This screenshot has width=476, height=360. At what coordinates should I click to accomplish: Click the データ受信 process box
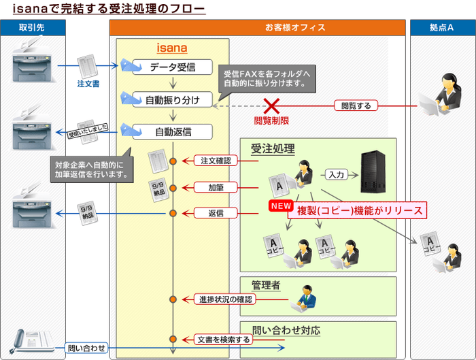point(172,67)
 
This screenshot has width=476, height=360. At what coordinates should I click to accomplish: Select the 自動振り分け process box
point(172,100)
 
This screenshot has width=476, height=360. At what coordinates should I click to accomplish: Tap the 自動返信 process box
point(172,131)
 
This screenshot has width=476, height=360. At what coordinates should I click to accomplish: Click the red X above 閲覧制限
point(272,105)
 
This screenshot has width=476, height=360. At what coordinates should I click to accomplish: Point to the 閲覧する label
point(356,105)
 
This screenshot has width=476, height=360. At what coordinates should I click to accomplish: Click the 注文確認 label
point(216,161)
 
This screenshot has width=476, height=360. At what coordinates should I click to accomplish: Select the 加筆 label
point(216,186)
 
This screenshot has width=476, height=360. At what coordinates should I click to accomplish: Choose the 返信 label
point(216,213)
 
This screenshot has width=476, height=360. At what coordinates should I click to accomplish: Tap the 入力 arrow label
point(335,175)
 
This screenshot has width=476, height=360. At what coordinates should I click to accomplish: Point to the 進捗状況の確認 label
point(225,299)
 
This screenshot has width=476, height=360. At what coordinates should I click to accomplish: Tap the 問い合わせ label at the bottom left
point(87,348)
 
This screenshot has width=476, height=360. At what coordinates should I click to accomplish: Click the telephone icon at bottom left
point(31,340)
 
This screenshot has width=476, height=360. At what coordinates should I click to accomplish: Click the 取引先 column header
point(33,27)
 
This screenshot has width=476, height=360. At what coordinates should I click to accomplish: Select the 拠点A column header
point(441,27)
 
